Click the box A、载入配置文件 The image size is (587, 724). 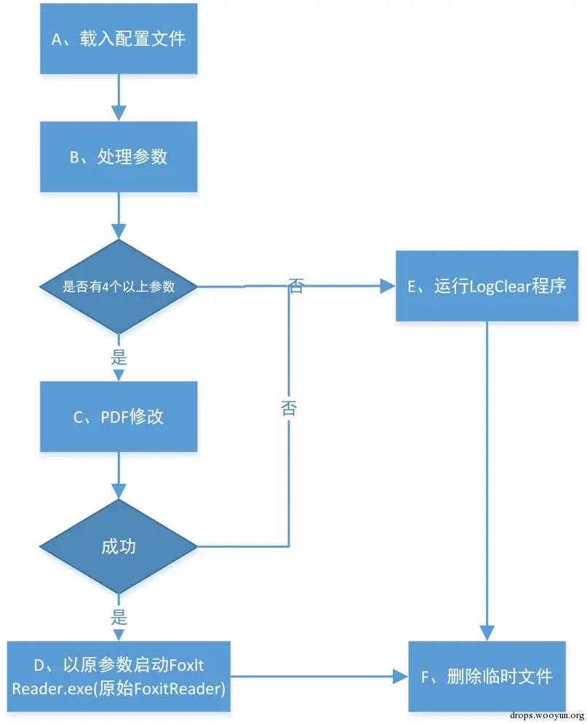tap(119, 39)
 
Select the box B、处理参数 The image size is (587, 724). tap(119, 157)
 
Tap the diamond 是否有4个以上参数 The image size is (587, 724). tap(119, 286)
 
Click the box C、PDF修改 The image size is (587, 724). tap(119, 416)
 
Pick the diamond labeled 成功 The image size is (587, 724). tap(119, 546)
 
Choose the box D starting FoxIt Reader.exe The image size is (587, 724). tap(119, 677)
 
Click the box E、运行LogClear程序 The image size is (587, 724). tap(487, 286)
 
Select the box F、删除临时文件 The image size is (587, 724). tap(487, 677)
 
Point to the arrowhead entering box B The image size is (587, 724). tap(119, 114)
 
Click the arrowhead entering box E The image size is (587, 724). tap(388, 286)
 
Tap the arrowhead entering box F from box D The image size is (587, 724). tap(401, 677)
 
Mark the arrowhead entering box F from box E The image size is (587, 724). tap(487, 634)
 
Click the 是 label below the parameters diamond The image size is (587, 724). tap(119, 357)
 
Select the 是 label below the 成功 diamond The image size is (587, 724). tap(119, 617)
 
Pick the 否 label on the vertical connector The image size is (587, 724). tap(289, 408)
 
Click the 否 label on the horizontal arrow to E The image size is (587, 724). tap(296, 286)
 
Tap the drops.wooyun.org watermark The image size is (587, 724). tap(547, 716)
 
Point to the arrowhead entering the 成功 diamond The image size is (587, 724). tap(119, 492)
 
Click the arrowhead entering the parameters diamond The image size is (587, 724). tap(119, 232)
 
